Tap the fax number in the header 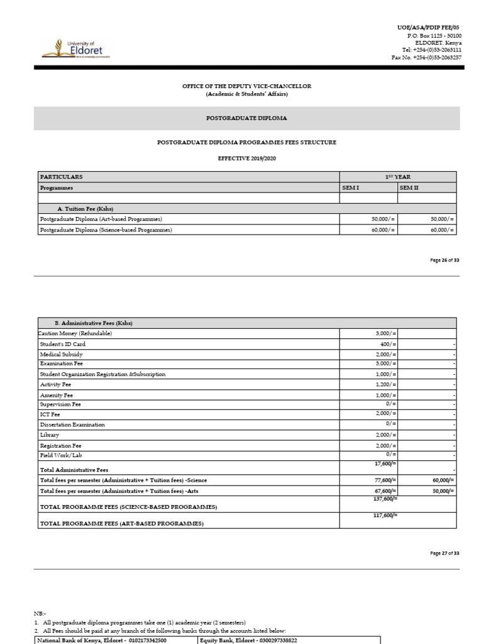[426, 57]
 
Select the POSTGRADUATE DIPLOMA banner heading [247, 118]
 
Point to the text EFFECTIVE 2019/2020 [246, 158]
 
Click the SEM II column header [409, 188]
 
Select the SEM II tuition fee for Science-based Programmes [441, 230]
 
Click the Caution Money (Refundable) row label [75, 333]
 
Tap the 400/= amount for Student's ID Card [387, 344]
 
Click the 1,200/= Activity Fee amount [385, 384]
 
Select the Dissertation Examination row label [72, 425]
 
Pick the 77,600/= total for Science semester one [384, 480]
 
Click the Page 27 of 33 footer [444, 553]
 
